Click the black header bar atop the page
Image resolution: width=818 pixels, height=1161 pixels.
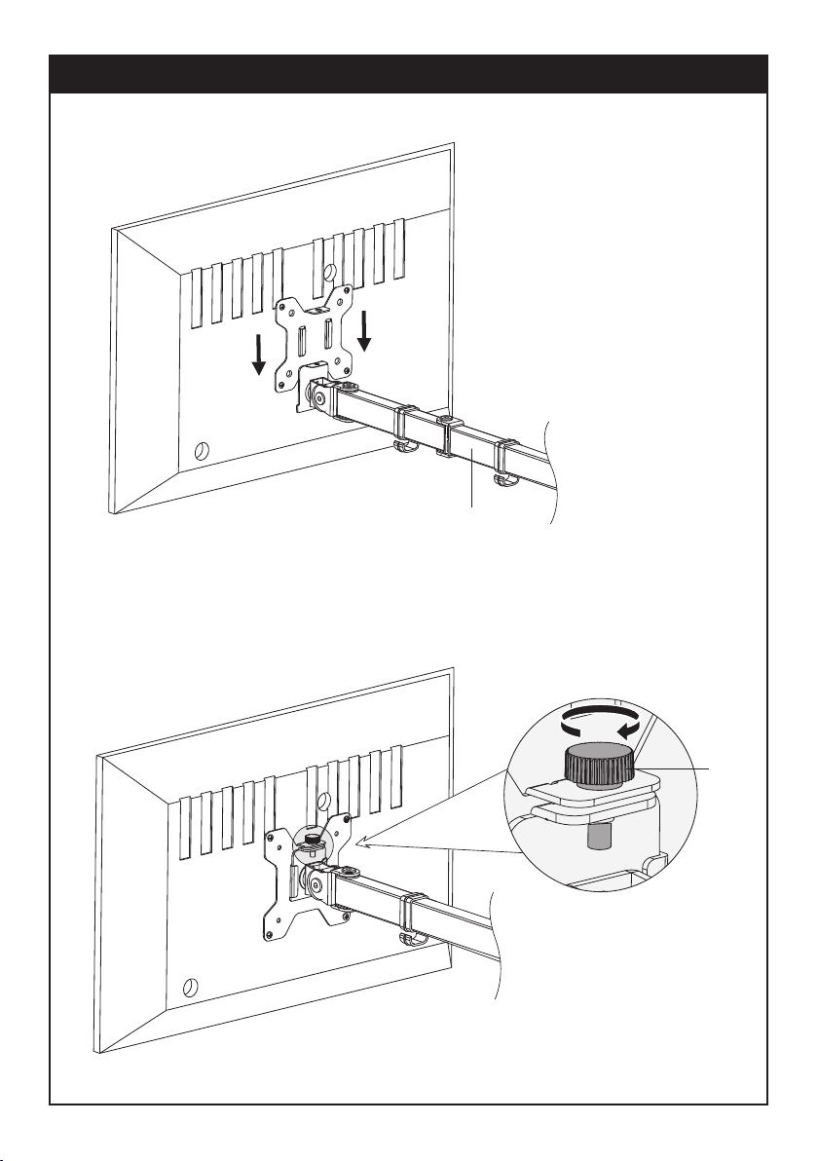[409, 74]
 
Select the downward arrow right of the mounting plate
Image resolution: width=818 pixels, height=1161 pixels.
[366, 330]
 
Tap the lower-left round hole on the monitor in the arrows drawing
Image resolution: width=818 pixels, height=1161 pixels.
[203, 451]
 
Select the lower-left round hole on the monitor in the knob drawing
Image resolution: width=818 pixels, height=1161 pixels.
[189, 986]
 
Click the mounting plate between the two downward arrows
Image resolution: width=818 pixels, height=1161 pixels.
[314, 336]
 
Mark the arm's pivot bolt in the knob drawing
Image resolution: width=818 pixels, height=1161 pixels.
[316, 886]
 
